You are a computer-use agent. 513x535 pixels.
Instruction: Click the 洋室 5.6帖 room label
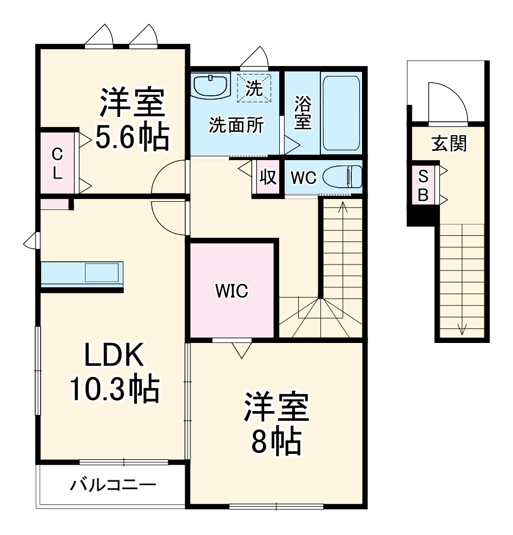click(132, 121)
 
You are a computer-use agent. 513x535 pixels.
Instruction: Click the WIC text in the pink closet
click(232, 291)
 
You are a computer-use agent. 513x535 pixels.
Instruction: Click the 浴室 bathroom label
click(302, 113)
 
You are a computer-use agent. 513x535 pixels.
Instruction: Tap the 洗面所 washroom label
click(236, 126)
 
